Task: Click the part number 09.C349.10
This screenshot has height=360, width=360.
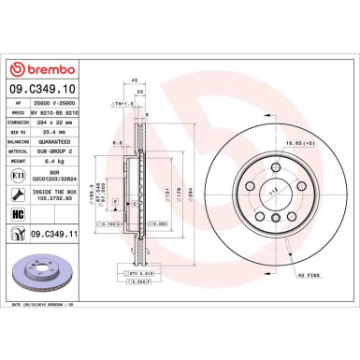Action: click(36, 90)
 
